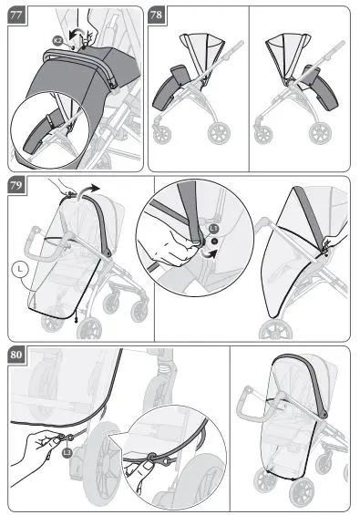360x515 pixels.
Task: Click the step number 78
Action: click(x=157, y=15)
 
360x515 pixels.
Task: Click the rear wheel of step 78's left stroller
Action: click(x=219, y=133)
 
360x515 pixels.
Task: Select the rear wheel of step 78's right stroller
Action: click(x=319, y=133)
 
